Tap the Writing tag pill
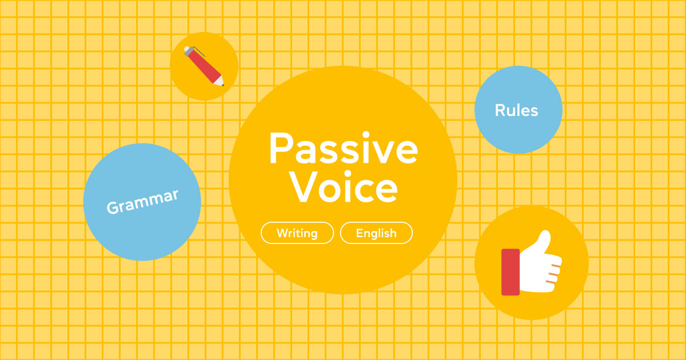coord(297,233)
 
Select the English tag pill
coord(376,233)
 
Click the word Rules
coord(516,110)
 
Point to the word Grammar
coord(142,201)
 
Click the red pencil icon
coord(204,66)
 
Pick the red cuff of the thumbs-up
coord(510,272)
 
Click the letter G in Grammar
coord(113,208)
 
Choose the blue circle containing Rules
coord(518,134)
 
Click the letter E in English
coord(359,233)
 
